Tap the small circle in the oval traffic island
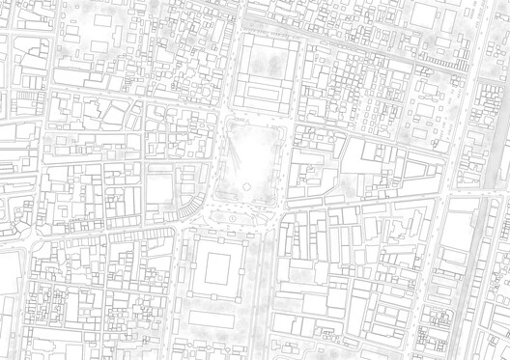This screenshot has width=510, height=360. click(235, 220)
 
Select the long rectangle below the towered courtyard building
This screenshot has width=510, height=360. click(216, 318)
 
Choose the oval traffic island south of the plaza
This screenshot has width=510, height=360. click(235, 220)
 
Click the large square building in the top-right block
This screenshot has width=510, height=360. click(426, 16)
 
